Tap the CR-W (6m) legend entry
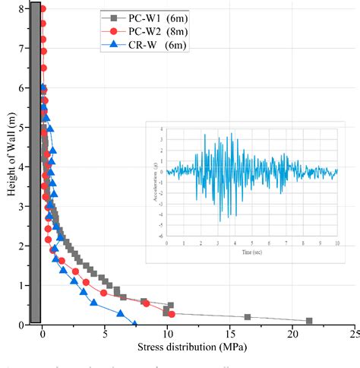coord(145,46)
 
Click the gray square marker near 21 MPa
coord(309,321)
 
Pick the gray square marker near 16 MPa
coord(248,317)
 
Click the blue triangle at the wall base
coord(134,325)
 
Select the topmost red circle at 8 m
coord(43,9)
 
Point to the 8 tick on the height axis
coord(21,9)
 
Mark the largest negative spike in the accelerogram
coord(220,221)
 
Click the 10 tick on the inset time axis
coord(336,243)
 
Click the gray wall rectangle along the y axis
coord(34,163)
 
